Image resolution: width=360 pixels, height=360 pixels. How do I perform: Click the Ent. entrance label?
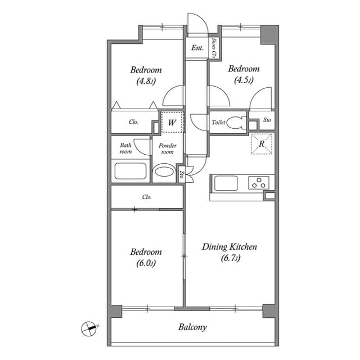(x=197, y=48)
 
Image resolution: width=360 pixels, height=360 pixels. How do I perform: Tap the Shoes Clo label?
(x=214, y=48)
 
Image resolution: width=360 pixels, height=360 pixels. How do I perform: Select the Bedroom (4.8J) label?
(x=146, y=75)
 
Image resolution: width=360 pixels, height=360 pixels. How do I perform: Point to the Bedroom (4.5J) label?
(x=243, y=74)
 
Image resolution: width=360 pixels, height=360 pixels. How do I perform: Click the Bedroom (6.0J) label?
(x=146, y=257)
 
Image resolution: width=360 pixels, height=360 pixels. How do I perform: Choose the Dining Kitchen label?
(x=229, y=252)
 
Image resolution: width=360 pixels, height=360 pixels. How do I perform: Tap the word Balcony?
(x=193, y=327)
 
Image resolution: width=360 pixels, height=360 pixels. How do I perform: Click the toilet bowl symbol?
(x=236, y=123)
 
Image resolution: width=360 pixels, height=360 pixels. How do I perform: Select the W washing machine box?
(x=172, y=122)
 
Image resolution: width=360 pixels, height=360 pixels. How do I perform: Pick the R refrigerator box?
(x=262, y=143)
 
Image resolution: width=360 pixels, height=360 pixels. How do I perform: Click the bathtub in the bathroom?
(x=130, y=170)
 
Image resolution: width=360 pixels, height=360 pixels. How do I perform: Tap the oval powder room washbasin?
(x=165, y=172)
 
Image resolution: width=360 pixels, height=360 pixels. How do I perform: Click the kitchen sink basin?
(x=226, y=183)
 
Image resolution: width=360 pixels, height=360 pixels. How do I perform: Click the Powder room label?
(x=168, y=148)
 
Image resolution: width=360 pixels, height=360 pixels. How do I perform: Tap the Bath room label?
(x=125, y=148)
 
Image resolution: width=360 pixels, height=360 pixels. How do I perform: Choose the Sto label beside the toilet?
(x=267, y=120)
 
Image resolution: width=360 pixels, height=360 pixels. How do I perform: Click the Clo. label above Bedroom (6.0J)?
(x=147, y=197)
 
